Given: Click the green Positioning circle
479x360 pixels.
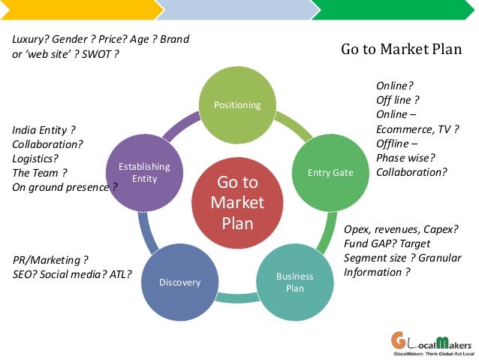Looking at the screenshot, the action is [x=237, y=104].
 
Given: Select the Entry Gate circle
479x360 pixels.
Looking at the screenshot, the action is [x=330, y=173].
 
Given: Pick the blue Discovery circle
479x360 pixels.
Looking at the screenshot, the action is [x=180, y=283].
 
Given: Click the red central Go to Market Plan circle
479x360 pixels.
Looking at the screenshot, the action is [x=237, y=203].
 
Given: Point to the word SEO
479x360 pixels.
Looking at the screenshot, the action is [x=24, y=274].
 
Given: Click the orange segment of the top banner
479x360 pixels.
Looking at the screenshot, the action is [x=79, y=9].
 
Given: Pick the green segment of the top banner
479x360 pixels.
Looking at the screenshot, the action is [x=395, y=9].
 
